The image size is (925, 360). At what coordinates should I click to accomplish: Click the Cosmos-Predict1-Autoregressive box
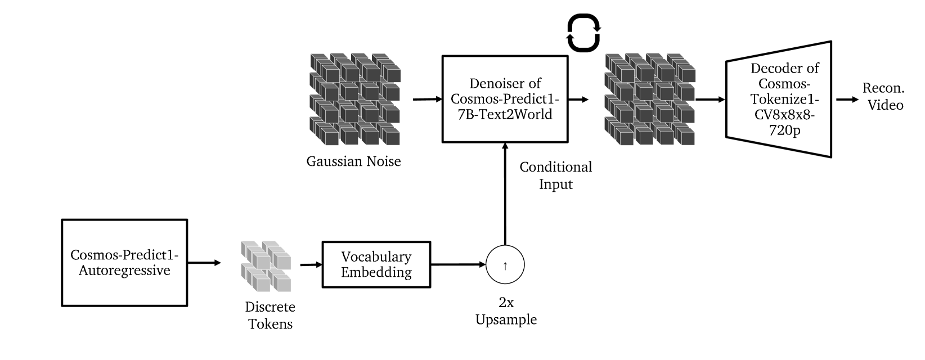pyautogui.click(x=124, y=263)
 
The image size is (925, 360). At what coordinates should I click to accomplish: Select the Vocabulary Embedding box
pyautogui.click(x=376, y=265)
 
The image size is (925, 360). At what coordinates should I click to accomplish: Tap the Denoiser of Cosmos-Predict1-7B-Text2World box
pyautogui.click(x=505, y=99)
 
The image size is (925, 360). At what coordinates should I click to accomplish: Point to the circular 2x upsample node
pyautogui.click(x=505, y=265)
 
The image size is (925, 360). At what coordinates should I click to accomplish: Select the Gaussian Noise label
pyautogui.click(x=353, y=162)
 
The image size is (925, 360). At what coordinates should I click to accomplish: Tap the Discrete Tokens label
pyautogui.click(x=270, y=316)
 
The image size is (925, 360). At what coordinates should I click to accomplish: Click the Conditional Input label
pyautogui.click(x=555, y=175)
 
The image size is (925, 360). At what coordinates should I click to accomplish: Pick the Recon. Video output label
pyautogui.click(x=884, y=97)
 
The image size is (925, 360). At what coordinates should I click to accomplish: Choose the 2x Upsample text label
pyautogui.click(x=506, y=311)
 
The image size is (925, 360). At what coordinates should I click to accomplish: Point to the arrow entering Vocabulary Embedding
pyautogui.click(x=311, y=264)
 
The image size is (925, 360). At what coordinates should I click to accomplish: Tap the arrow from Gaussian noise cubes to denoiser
pyautogui.click(x=428, y=100)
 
